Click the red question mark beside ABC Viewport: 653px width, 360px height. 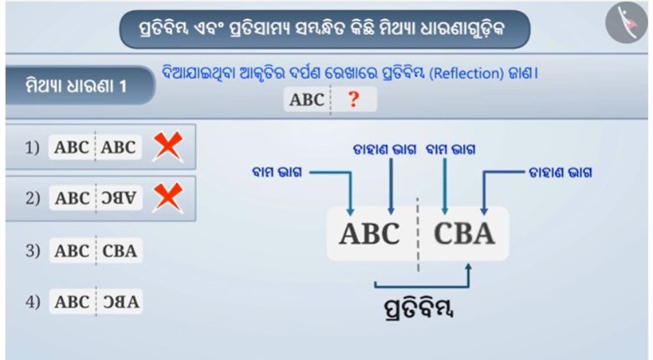[x=354, y=100]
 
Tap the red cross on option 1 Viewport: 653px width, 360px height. [x=169, y=147]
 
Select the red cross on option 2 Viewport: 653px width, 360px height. [x=169, y=198]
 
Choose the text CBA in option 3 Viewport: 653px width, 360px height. [x=121, y=250]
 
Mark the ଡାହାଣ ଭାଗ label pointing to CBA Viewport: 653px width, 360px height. [x=560, y=173]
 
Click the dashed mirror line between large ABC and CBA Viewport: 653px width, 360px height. [x=418, y=234]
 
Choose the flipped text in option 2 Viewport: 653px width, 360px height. [x=121, y=198]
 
